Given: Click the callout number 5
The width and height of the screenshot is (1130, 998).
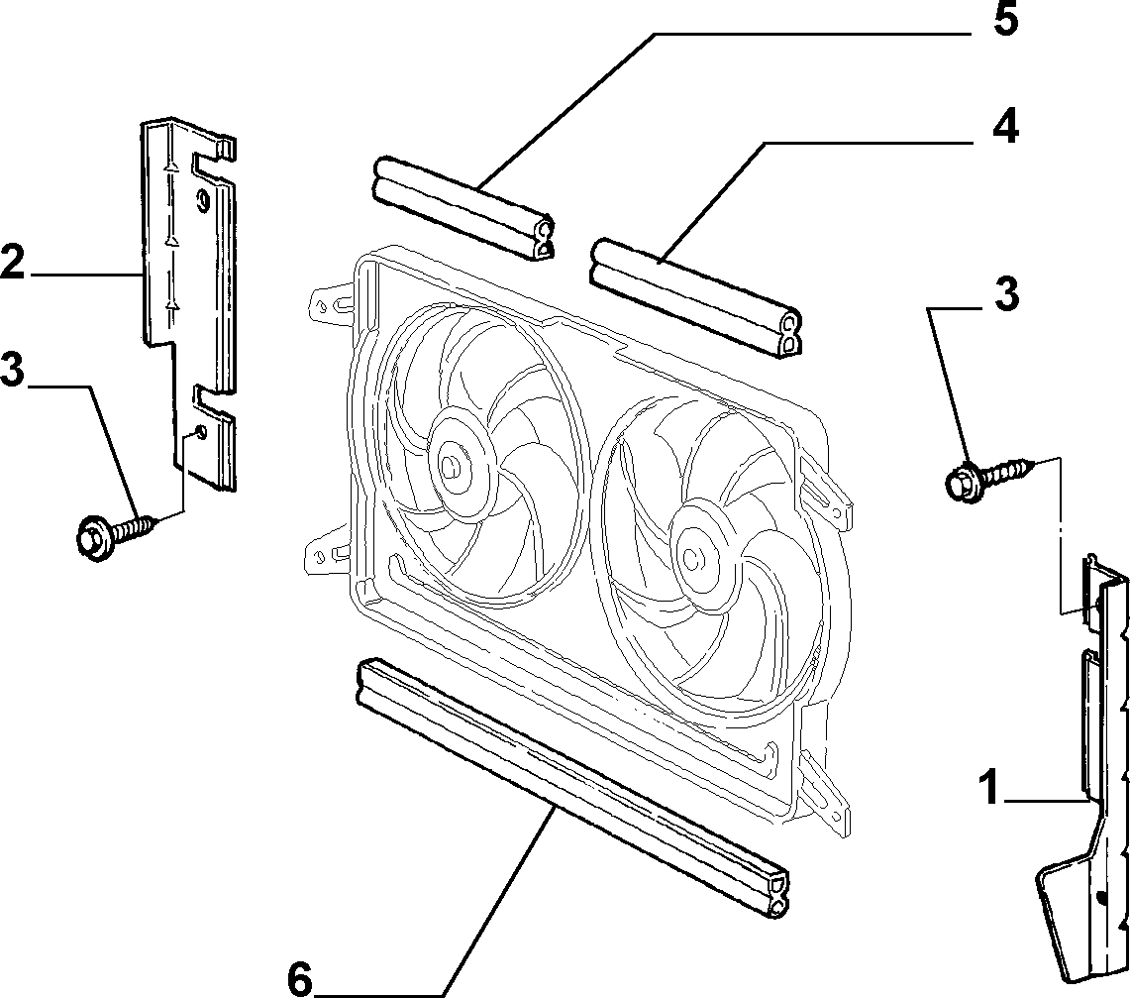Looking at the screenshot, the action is [x=1005, y=20].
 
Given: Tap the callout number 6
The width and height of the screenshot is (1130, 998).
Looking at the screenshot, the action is [x=300, y=980].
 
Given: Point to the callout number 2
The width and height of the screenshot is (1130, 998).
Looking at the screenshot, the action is [x=12, y=262].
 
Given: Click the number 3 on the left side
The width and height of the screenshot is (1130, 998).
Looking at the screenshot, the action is [x=12, y=370].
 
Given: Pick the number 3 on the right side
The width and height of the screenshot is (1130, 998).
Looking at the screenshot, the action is [x=1007, y=294].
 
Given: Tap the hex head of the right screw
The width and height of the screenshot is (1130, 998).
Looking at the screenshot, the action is [x=962, y=483].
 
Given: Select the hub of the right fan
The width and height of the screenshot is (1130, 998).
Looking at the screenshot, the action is [x=693, y=557].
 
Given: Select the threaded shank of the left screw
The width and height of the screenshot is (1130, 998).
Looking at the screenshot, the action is [x=134, y=528].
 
